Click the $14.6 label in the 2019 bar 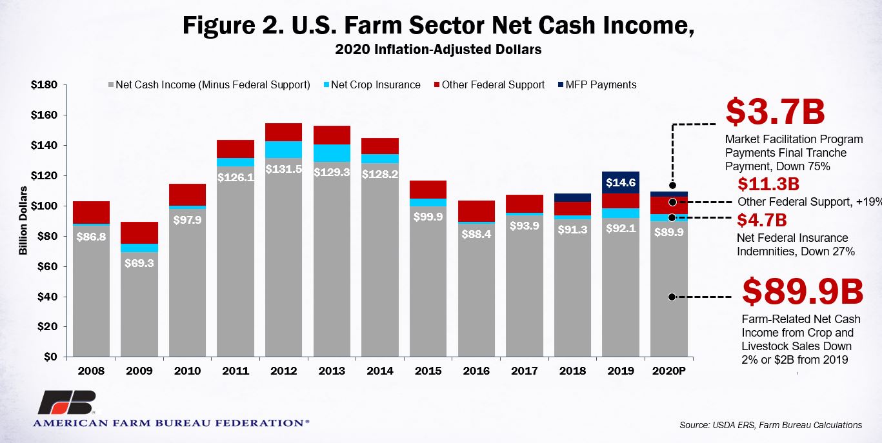point(621,182)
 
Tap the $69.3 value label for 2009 point(139,263)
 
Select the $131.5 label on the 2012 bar point(283,169)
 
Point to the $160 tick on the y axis point(44,115)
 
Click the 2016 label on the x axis point(476,371)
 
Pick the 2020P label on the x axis point(668,371)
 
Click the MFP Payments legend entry point(597,85)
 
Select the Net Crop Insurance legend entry point(372,85)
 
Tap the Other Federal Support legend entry point(489,85)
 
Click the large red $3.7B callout point(775,112)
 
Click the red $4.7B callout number point(761,220)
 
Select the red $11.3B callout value point(768,184)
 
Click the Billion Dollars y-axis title point(23,221)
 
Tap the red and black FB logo point(67,402)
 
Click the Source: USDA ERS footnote point(770,425)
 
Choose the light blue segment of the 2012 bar point(283,150)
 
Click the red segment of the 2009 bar point(139,233)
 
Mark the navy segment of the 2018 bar point(572,197)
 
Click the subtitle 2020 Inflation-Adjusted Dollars point(438,50)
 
